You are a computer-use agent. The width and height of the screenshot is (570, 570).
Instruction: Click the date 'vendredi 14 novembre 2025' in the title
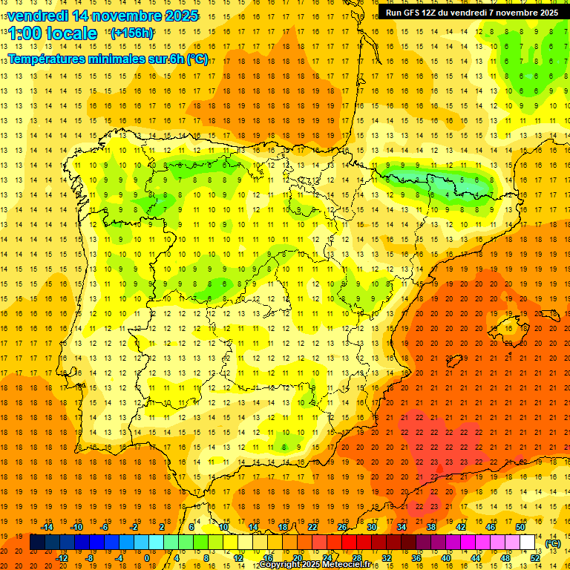click(103, 16)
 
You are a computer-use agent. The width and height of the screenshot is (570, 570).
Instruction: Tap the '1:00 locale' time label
click(53, 33)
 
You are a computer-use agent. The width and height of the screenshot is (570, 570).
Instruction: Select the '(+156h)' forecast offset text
click(132, 33)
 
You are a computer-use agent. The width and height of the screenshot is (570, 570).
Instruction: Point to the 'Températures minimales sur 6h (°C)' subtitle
click(108, 59)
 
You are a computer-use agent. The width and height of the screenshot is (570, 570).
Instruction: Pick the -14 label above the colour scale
click(47, 527)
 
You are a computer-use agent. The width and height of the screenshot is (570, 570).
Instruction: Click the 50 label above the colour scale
click(520, 527)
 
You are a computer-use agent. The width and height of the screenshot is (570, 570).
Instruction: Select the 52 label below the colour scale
click(536, 557)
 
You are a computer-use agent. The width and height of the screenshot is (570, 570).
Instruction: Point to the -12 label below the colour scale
click(62, 557)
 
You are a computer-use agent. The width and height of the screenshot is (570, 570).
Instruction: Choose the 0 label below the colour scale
click(147, 557)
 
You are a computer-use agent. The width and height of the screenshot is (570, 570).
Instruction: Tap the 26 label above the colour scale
click(342, 527)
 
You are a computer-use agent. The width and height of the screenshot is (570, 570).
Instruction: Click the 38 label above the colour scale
click(431, 527)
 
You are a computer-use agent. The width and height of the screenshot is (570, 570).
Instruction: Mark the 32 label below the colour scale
click(387, 557)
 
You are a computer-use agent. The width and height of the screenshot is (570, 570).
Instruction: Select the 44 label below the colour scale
click(476, 557)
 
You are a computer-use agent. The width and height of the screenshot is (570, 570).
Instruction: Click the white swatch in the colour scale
click(528, 543)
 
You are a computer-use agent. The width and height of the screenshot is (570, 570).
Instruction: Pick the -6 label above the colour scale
click(105, 527)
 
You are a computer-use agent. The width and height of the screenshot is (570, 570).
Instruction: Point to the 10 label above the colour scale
click(223, 527)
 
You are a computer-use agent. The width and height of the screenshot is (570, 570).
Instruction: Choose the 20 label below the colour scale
click(298, 557)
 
